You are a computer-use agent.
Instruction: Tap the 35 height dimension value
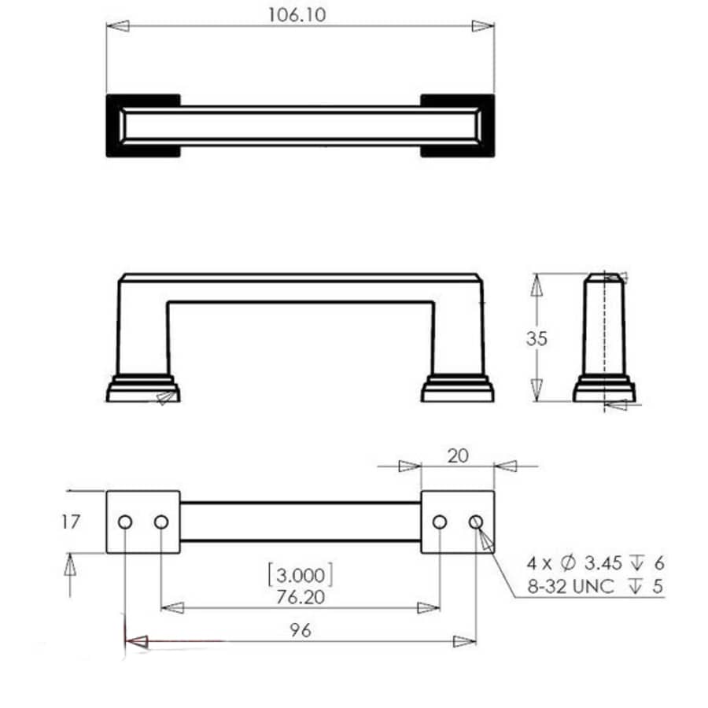click(x=537, y=338)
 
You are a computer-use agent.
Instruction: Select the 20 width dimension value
click(x=457, y=454)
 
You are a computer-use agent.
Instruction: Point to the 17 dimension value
click(x=71, y=522)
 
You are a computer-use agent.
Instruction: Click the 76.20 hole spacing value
click(x=300, y=598)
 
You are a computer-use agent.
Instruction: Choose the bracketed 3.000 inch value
click(x=300, y=573)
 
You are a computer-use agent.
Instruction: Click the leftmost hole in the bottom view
click(x=125, y=522)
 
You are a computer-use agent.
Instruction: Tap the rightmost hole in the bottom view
click(x=475, y=522)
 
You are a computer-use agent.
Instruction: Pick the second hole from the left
click(x=161, y=522)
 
